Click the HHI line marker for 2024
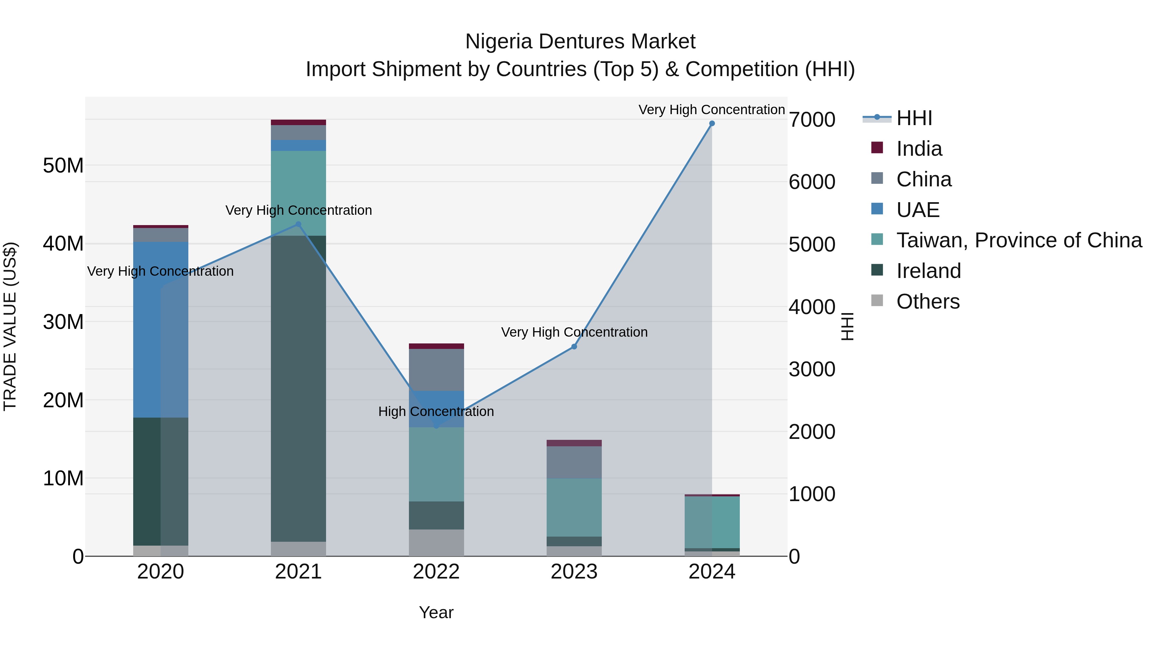pyautogui.click(x=712, y=124)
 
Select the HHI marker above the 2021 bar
pyautogui.click(x=298, y=224)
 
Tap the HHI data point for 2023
pyautogui.click(x=574, y=347)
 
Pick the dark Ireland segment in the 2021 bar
pyautogui.click(x=298, y=388)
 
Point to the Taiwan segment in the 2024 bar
pyautogui.click(x=712, y=522)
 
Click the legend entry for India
pyautogui.click(x=918, y=149)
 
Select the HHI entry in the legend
pyautogui.click(x=914, y=118)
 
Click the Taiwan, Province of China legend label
pyautogui.click(x=1018, y=240)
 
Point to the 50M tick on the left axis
pyautogui.click(x=63, y=166)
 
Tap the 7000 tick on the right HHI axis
pyautogui.click(x=812, y=120)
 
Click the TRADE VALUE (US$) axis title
pyautogui.click(x=10, y=326)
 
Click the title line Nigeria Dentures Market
pyautogui.click(x=580, y=42)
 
